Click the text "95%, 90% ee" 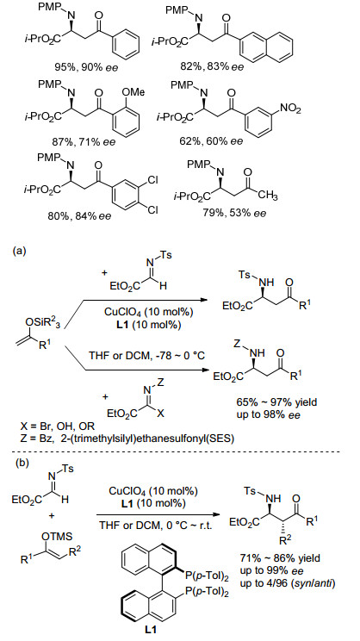point(86,66)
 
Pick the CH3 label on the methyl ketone point(268,196)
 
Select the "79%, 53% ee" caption point(234,213)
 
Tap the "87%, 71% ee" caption point(84,141)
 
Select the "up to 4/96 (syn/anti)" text point(289,583)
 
